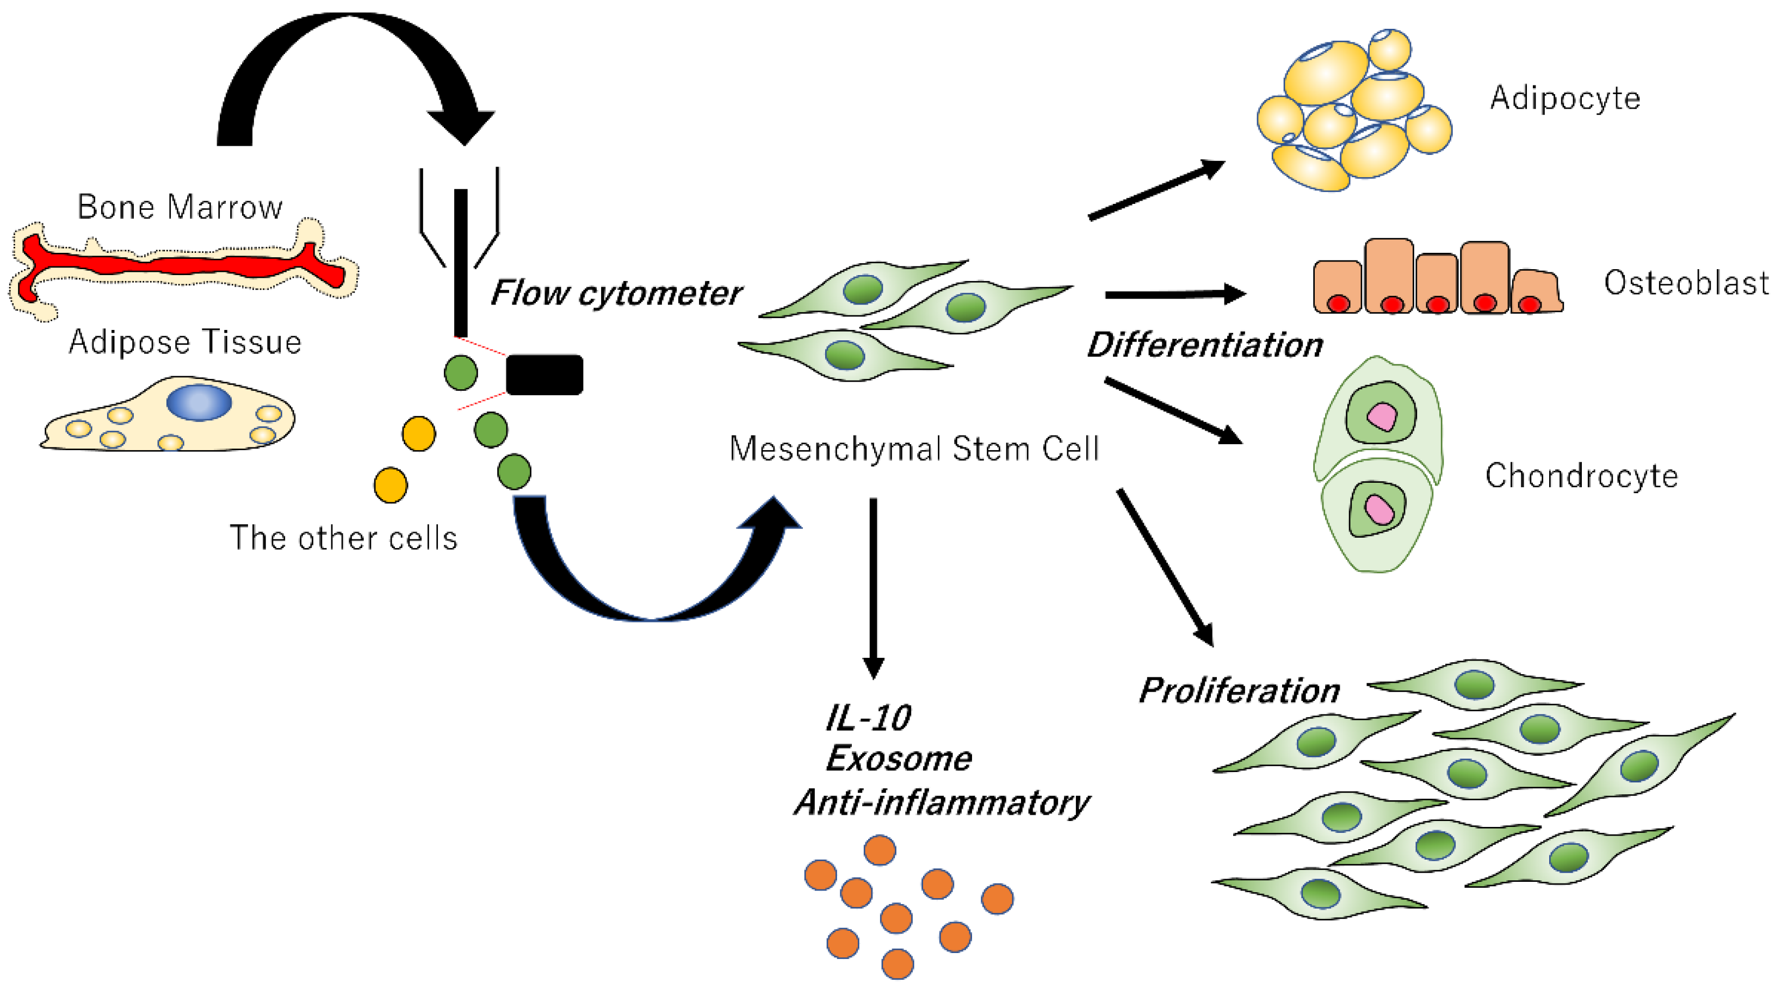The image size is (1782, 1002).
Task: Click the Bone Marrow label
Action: pyautogui.click(x=180, y=207)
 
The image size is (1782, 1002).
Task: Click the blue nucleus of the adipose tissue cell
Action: pyautogui.click(x=199, y=402)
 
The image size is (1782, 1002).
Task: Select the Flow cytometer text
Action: pyautogui.click(x=616, y=293)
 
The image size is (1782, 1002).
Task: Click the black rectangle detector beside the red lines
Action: pyautogui.click(x=544, y=375)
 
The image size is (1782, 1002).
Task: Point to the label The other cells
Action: pyautogui.click(x=343, y=538)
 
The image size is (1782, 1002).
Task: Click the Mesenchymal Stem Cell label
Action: pyautogui.click(x=914, y=449)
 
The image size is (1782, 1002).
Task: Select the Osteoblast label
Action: pyautogui.click(x=1686, y=283)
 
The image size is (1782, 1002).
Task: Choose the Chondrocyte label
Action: pyautogui.click(x=1581, y=476)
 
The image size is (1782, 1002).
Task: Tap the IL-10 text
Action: pyautogui.click(x=869, y=719)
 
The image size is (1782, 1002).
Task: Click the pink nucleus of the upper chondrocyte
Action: pyautogui.click(x=1382, y=417)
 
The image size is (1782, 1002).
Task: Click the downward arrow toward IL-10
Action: pyautogui.click(x=873, y=588)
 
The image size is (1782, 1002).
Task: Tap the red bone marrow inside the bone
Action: pyautogui.click(x=180, y=265)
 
